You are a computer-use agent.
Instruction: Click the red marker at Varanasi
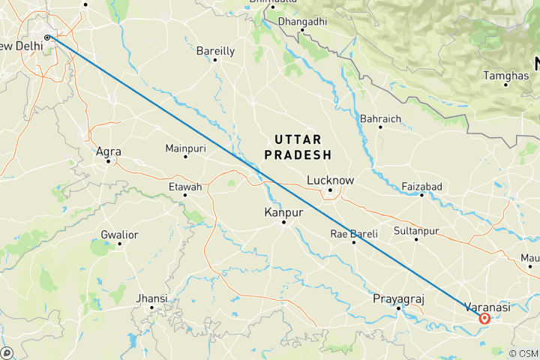484,319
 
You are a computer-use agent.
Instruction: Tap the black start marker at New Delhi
47,37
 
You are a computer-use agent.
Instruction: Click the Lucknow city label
330,180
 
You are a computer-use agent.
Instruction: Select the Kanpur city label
283,212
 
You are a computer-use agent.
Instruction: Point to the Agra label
109,151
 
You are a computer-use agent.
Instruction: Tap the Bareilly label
215,51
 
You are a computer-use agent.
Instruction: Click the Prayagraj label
399,299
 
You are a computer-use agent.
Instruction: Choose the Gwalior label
119,235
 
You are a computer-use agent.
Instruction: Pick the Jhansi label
151,298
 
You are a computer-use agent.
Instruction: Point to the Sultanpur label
416,230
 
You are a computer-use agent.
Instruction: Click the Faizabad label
421,185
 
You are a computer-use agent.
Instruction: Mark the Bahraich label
381,118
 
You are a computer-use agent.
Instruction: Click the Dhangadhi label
302,22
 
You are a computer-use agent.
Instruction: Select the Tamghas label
505,76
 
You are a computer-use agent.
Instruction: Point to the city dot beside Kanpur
283,222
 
